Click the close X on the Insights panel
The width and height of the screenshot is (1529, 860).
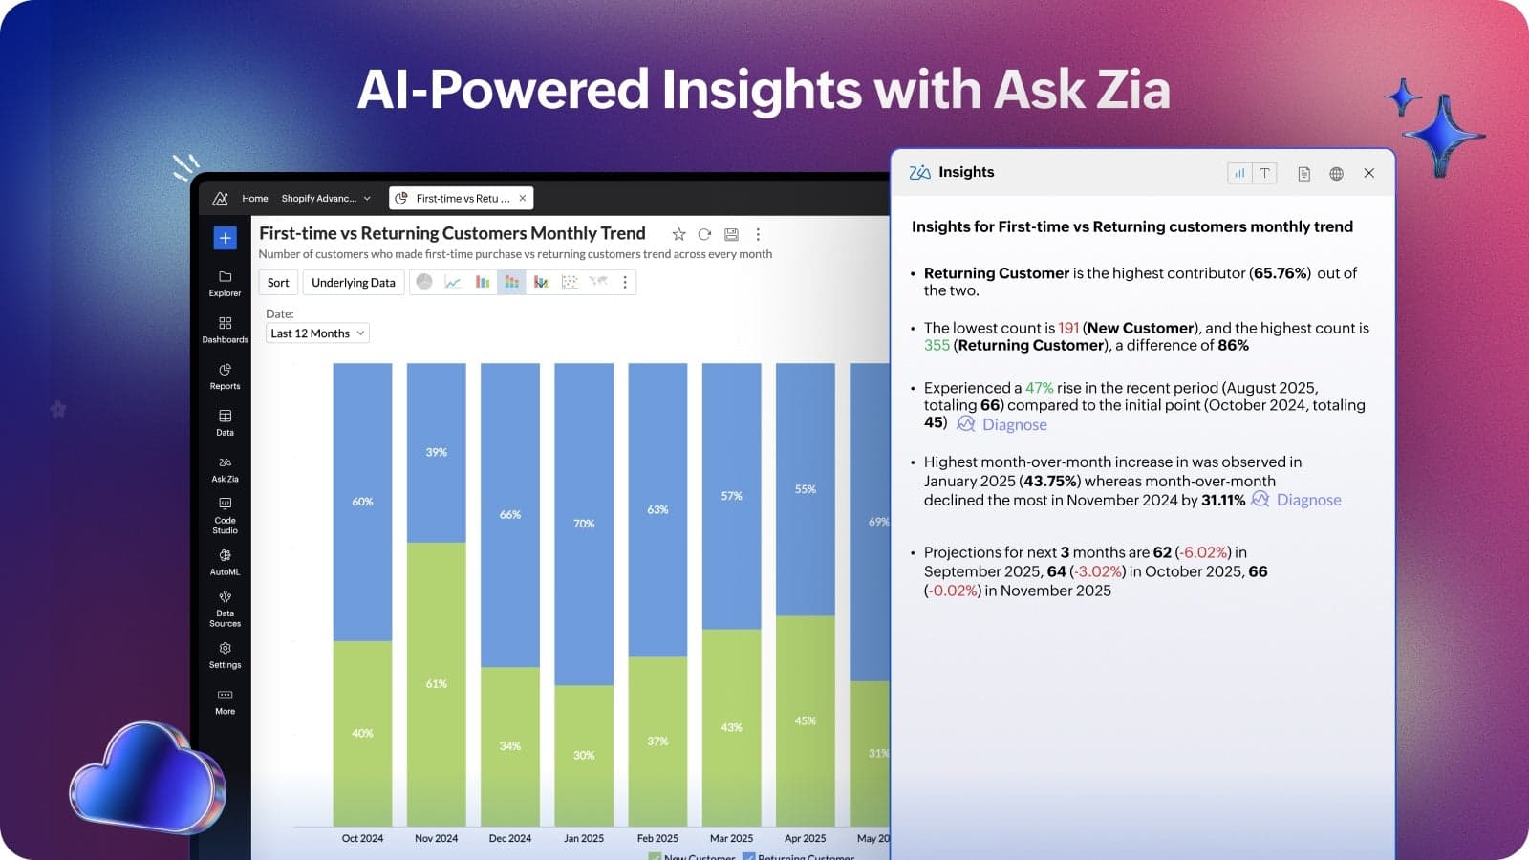click(1368, 173)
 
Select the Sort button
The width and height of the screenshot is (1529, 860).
click(278, 283)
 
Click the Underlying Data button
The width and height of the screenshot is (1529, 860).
click(353, 283)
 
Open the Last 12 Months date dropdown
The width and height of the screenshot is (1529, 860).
click(317, 333)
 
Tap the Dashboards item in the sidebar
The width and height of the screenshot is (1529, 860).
click(225, 330)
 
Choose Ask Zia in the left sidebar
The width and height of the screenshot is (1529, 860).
click(225, 468)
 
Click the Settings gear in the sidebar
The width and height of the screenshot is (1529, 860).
click(225, 654)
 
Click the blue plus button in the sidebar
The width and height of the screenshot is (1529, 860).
click(225, 238)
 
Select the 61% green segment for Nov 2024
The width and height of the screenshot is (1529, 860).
click(436, 684)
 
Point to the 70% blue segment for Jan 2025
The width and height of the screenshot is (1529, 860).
click(584, 524)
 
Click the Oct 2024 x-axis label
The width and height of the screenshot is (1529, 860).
click(362, 838)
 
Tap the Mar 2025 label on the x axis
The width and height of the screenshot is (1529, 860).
click(731, 838)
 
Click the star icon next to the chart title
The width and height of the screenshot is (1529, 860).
click(678, 234)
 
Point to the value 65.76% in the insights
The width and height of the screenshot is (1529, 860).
click(1281, 273)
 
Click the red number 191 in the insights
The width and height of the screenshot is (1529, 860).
click(1068, 328)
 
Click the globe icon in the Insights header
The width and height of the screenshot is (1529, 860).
click(1336, 173)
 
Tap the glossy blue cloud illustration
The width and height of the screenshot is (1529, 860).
click(148, 776)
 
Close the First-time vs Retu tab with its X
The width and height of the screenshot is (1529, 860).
click(522, 198)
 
